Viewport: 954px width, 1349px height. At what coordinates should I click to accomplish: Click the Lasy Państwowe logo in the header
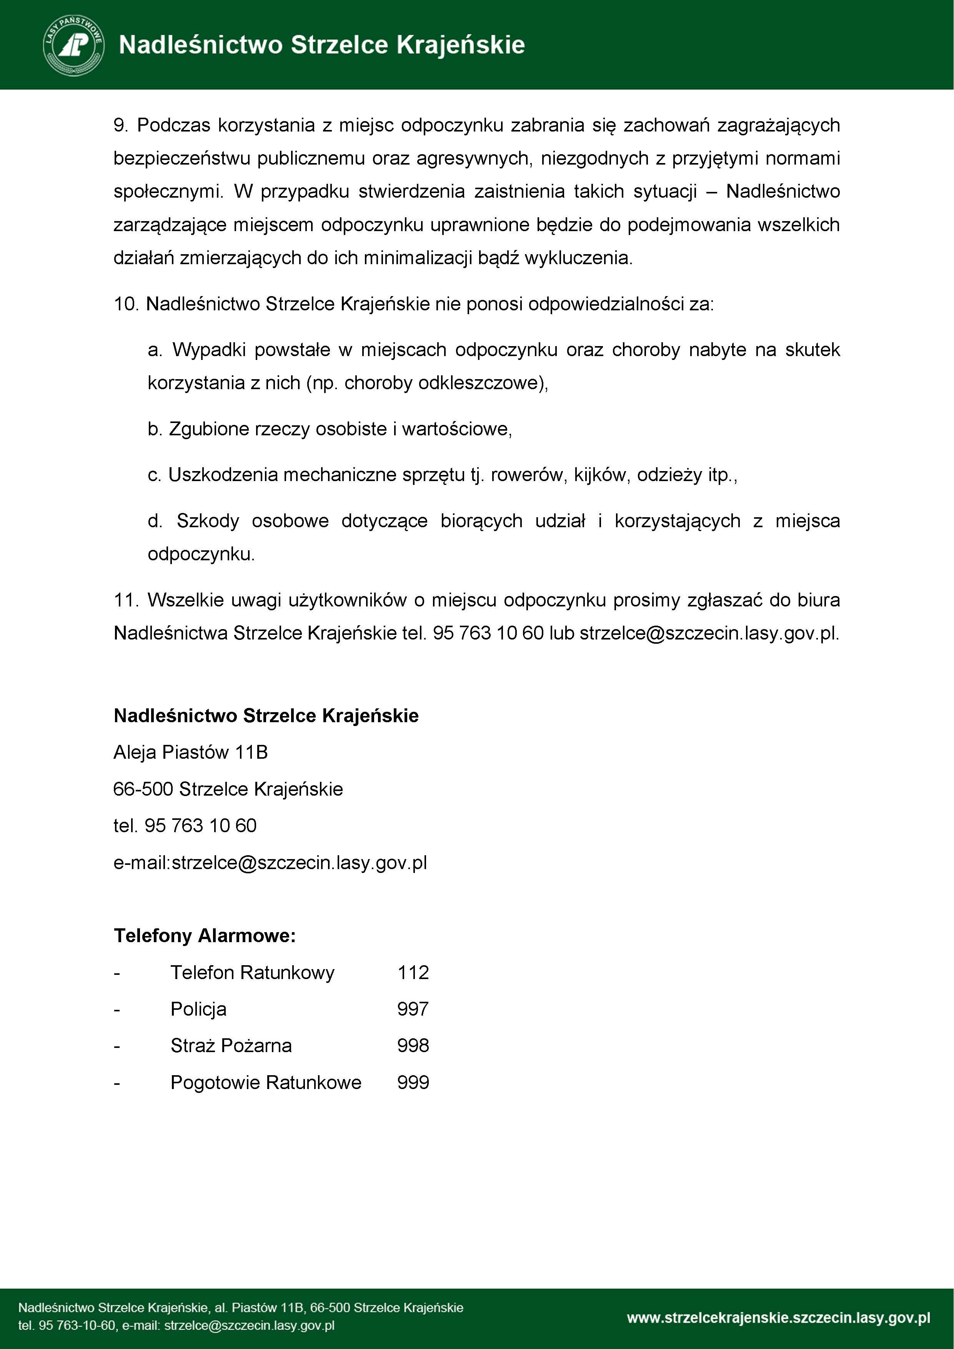[74, 45]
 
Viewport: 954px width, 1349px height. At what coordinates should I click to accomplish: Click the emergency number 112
[413, 973]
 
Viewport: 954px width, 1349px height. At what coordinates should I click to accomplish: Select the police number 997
[413, 1009]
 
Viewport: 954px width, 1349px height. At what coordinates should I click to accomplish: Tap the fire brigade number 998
[413, 1045]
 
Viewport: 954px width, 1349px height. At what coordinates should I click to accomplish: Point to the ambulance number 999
[413, 1082]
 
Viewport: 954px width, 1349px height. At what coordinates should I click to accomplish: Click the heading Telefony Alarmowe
[205, 935]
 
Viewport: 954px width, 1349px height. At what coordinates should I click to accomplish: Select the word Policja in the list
[198, 1009]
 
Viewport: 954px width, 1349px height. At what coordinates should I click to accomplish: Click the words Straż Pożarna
[231, 1045]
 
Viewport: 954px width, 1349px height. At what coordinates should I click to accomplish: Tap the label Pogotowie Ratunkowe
[266, 1082]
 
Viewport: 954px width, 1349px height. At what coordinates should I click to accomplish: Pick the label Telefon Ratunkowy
[253, 973]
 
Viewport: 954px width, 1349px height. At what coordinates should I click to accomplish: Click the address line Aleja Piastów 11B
[190, 752]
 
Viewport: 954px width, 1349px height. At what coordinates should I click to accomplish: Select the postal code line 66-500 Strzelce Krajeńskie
[228, 788]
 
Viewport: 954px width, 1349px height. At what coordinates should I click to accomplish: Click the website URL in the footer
[778, 1318]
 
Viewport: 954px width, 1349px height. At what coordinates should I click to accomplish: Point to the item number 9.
[120, 125]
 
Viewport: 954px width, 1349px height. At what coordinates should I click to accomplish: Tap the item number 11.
[125, 600]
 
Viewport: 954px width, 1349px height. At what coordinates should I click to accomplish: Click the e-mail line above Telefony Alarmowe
[270, 863]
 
